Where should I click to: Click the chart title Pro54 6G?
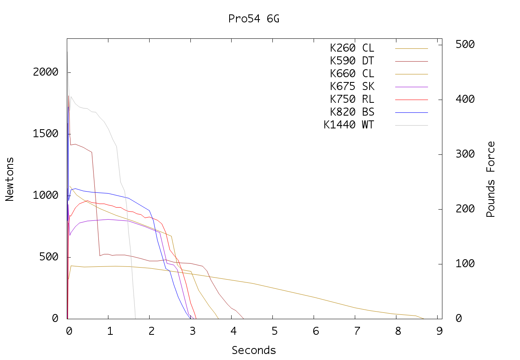[254, 19]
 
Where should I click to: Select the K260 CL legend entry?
[352, 48]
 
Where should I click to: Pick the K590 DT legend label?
[352, 61]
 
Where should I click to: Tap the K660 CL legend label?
[352, 74]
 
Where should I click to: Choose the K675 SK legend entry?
[352, 87]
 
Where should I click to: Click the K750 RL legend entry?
[352, 100]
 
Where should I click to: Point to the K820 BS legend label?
[352, 112]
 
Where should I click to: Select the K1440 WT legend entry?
[349, 125]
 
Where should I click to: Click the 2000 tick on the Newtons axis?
[46, 72]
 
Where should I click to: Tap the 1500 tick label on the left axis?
[46, 134]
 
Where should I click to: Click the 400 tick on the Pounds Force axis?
[465, 100]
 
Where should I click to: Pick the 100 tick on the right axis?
[465, 264]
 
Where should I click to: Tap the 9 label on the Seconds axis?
[440, 331]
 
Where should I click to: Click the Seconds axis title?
[254, 351]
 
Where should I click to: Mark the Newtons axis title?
[10, 179]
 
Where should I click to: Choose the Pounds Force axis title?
[491, 179]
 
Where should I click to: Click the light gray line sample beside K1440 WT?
[412, 125]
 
